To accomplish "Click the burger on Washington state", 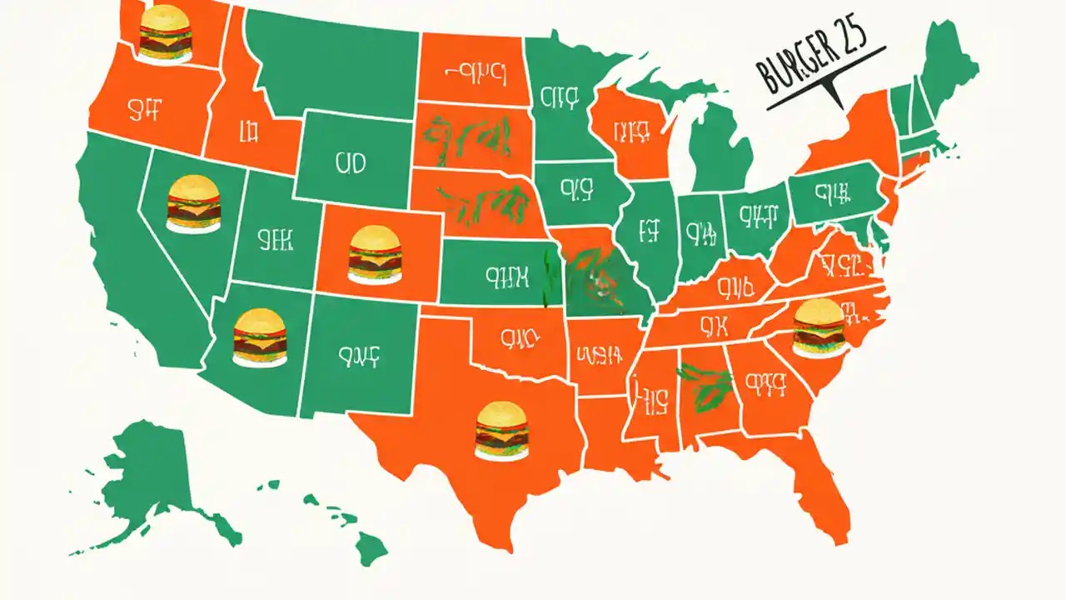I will pyautogui.click(x=165, y=33).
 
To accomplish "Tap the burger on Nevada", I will pyautogui.click(x=193, y=204).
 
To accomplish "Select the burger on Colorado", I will pyautogui.click(x=375, y=254).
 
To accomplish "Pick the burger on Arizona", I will pyautogui.click(x=260, y=337).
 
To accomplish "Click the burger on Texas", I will pyautogui.click(x=501, y=431).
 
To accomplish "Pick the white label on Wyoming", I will pyautogui.click(x=351, y=163).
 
